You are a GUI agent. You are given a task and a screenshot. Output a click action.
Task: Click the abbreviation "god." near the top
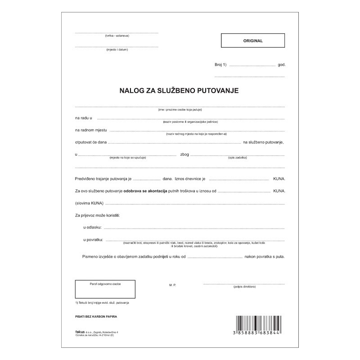[x=282, y=65]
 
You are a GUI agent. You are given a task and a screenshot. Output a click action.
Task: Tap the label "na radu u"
[x=84, y=118]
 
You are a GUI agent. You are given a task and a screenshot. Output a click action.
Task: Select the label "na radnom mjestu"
[x=91, y=130]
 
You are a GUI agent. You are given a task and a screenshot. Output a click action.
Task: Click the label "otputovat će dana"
[x=91, y=142]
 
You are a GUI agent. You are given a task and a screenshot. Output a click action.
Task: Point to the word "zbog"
[x=184, y=154]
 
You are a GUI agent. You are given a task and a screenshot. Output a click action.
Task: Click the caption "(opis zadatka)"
[x=237, y=157]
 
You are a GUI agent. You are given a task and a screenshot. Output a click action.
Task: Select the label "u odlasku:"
[x=93, y=228]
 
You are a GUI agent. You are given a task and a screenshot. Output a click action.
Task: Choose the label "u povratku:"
[x=94, y=240]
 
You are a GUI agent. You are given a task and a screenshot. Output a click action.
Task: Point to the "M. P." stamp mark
[x=173, y=285]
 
